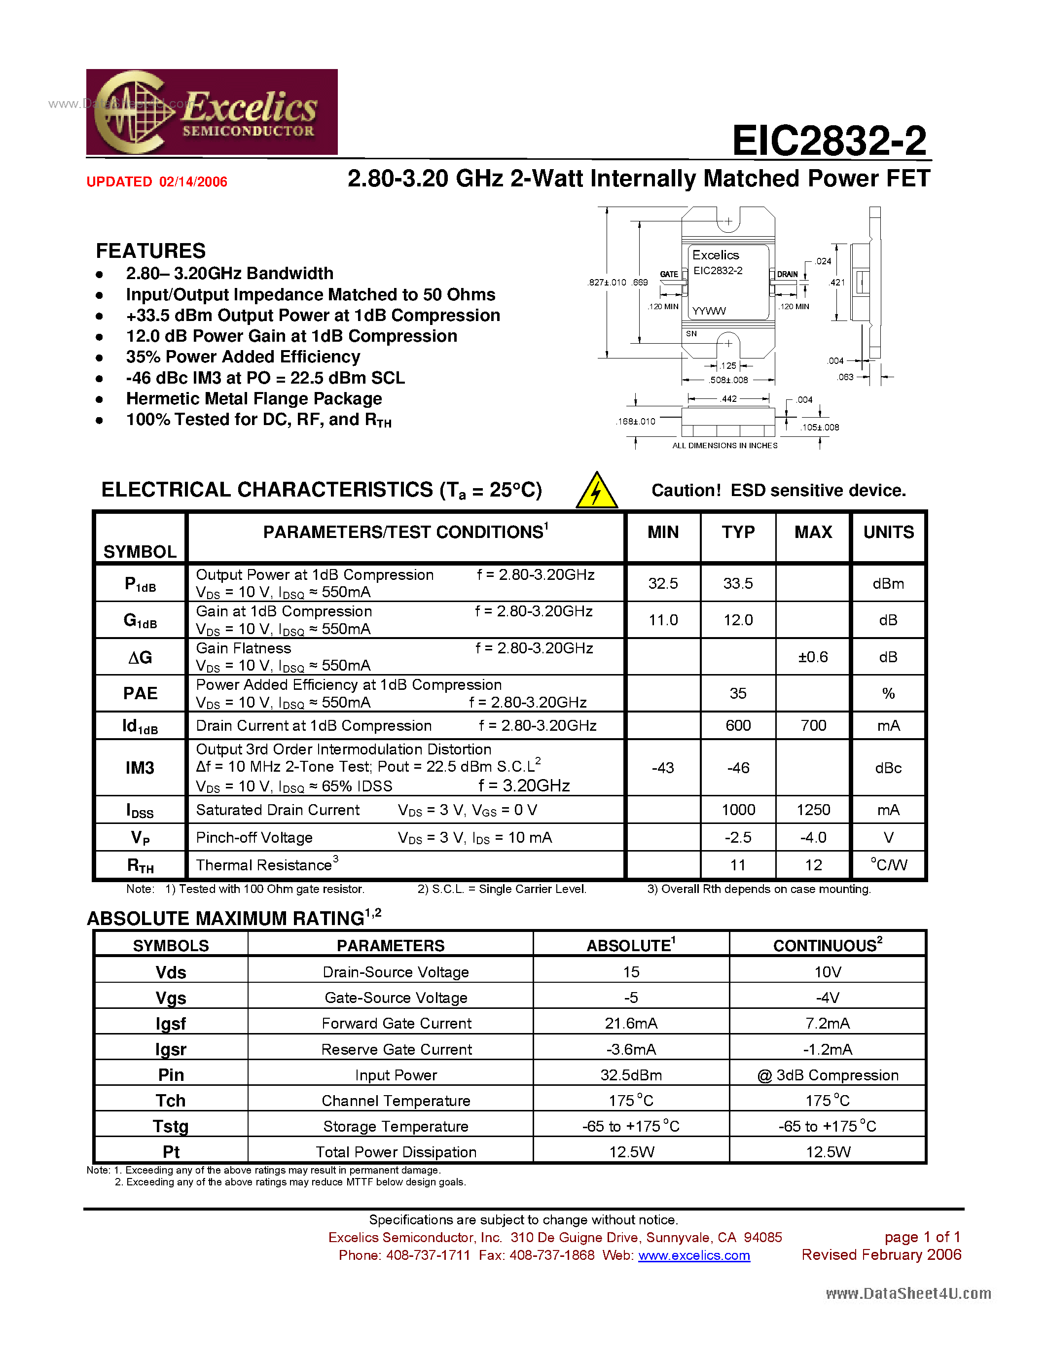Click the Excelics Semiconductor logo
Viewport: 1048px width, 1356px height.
[212, 112]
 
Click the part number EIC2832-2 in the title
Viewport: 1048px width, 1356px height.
[829, 141]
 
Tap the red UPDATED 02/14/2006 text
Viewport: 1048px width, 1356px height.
[156, 182]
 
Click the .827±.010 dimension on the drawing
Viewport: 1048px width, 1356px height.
[607, 283]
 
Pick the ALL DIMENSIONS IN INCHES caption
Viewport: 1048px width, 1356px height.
[724, 445]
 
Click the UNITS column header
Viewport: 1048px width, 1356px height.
[888, 532]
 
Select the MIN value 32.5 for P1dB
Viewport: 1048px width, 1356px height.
[663, 584]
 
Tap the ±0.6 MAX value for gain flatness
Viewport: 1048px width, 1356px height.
[813, 657]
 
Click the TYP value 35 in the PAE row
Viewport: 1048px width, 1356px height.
[738, 693]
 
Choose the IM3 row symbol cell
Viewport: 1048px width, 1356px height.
[141, 768]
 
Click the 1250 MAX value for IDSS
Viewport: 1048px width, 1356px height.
[813, 810]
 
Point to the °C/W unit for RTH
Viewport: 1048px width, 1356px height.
[888, 865]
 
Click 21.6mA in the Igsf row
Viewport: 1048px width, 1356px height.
[631, 1023]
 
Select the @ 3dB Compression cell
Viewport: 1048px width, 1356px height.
[828, 1075]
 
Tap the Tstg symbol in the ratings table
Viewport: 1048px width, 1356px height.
[171, 1126]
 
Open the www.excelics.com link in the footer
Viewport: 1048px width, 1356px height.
[693, 1255]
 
